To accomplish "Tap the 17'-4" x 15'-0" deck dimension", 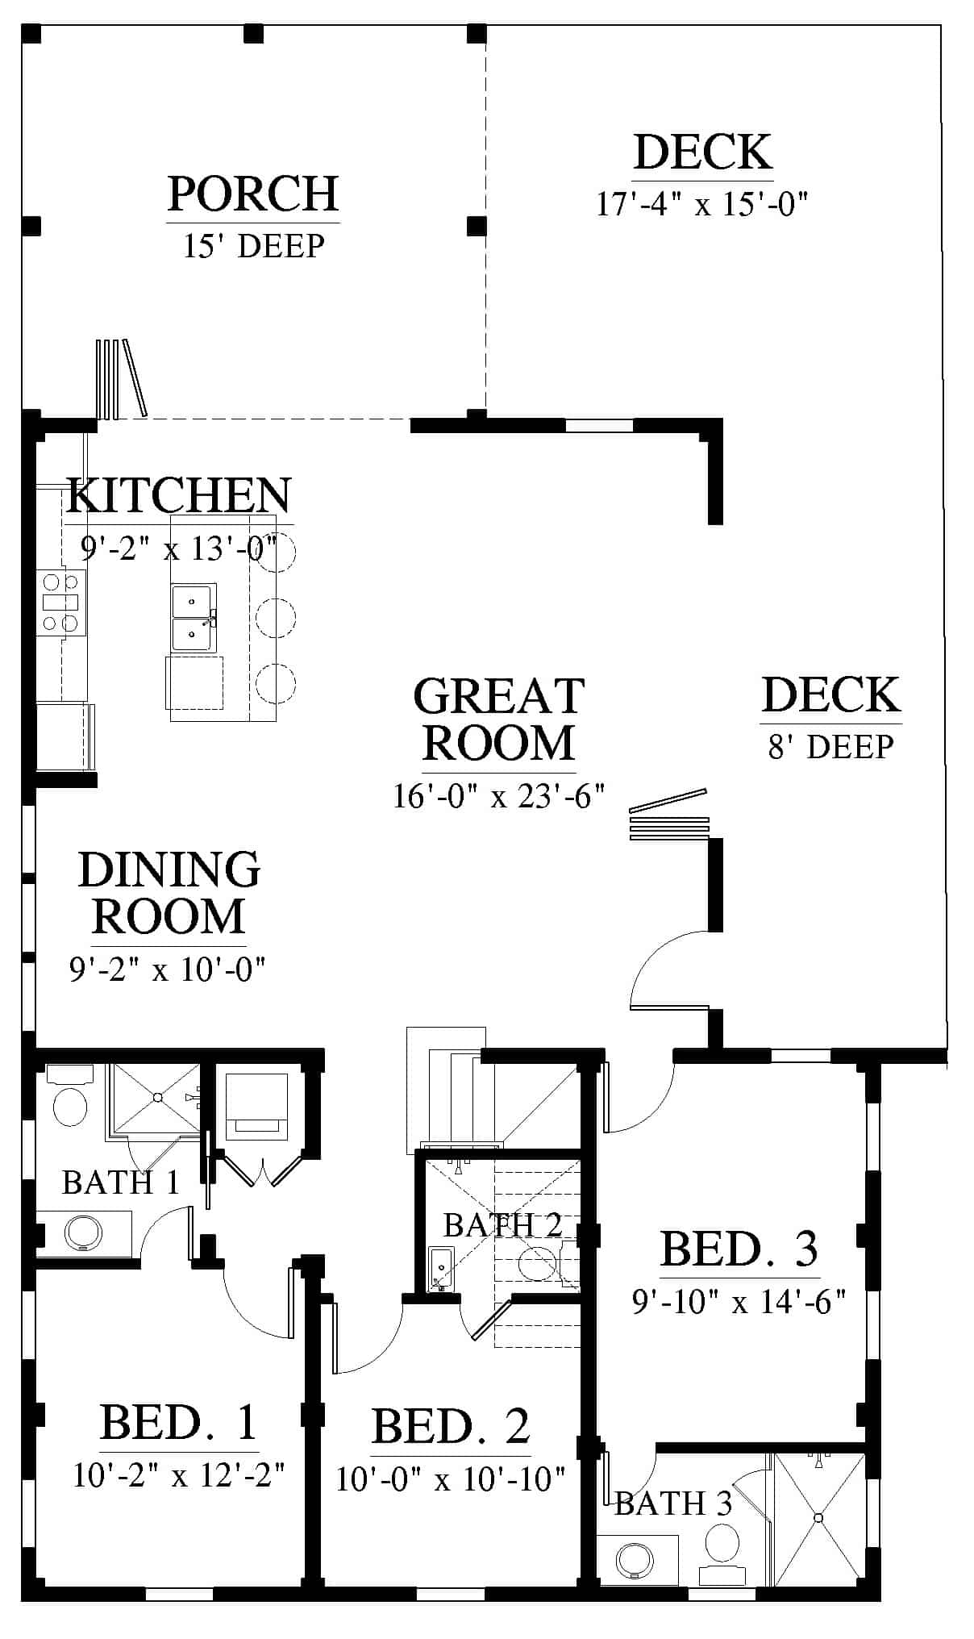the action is [x=701, y=204].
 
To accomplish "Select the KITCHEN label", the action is [x=179, y=495].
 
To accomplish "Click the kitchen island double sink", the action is [x=194, y=617].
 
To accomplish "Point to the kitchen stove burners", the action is [x=61, y=602].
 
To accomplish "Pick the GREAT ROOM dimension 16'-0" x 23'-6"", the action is [x=498, y=795].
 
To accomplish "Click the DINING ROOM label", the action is [x=169, y=892].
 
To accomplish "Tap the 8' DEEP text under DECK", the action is [x=830, y=747].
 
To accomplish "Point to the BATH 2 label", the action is [x=502, y=1225].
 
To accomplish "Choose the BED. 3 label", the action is [x=739, y=1249].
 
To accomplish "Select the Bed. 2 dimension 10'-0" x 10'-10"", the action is [x=451, y=1479].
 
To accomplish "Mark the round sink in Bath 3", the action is [x=635, y=1560].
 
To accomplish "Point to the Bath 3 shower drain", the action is [x=819, y=1518].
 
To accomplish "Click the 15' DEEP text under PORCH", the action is [x=253, y=245].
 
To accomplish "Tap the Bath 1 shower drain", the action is [x=158, y=1098].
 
